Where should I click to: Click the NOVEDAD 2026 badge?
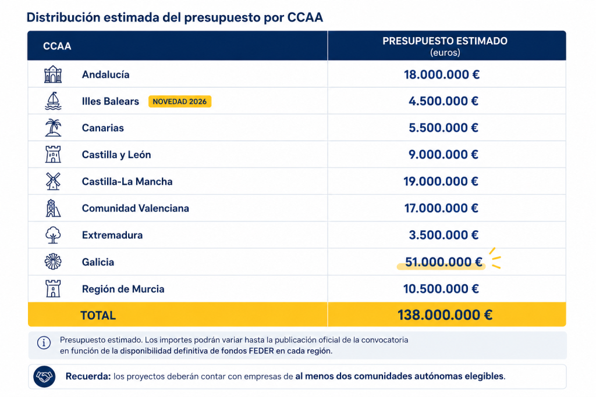pos(180,101)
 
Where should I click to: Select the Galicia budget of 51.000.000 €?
pos(444,262)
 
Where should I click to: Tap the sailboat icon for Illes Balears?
pos(53,101)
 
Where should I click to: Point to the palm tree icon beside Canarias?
pos(53,128)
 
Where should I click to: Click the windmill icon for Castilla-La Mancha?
pos(53,181)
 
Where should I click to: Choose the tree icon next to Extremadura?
pos(53,235)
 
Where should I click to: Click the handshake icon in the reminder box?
pos(44,377)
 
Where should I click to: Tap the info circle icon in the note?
pos(44,343)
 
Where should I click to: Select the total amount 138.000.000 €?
pos(445,315)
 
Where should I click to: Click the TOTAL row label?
pos(98,316)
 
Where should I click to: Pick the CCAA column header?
pos(57,47)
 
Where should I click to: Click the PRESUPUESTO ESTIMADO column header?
pos(445,41)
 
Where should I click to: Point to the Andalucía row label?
pos(106,74)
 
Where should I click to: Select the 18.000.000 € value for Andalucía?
pos(442,74)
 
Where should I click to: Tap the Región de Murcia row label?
pos(123,289)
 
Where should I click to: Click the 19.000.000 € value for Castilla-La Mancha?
pos(441,181)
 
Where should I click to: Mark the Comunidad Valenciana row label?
pos(135,208)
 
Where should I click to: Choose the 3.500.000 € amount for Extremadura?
pos(444,235)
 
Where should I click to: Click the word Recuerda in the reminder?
pos(88,376)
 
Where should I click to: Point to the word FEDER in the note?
pos(261,350)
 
